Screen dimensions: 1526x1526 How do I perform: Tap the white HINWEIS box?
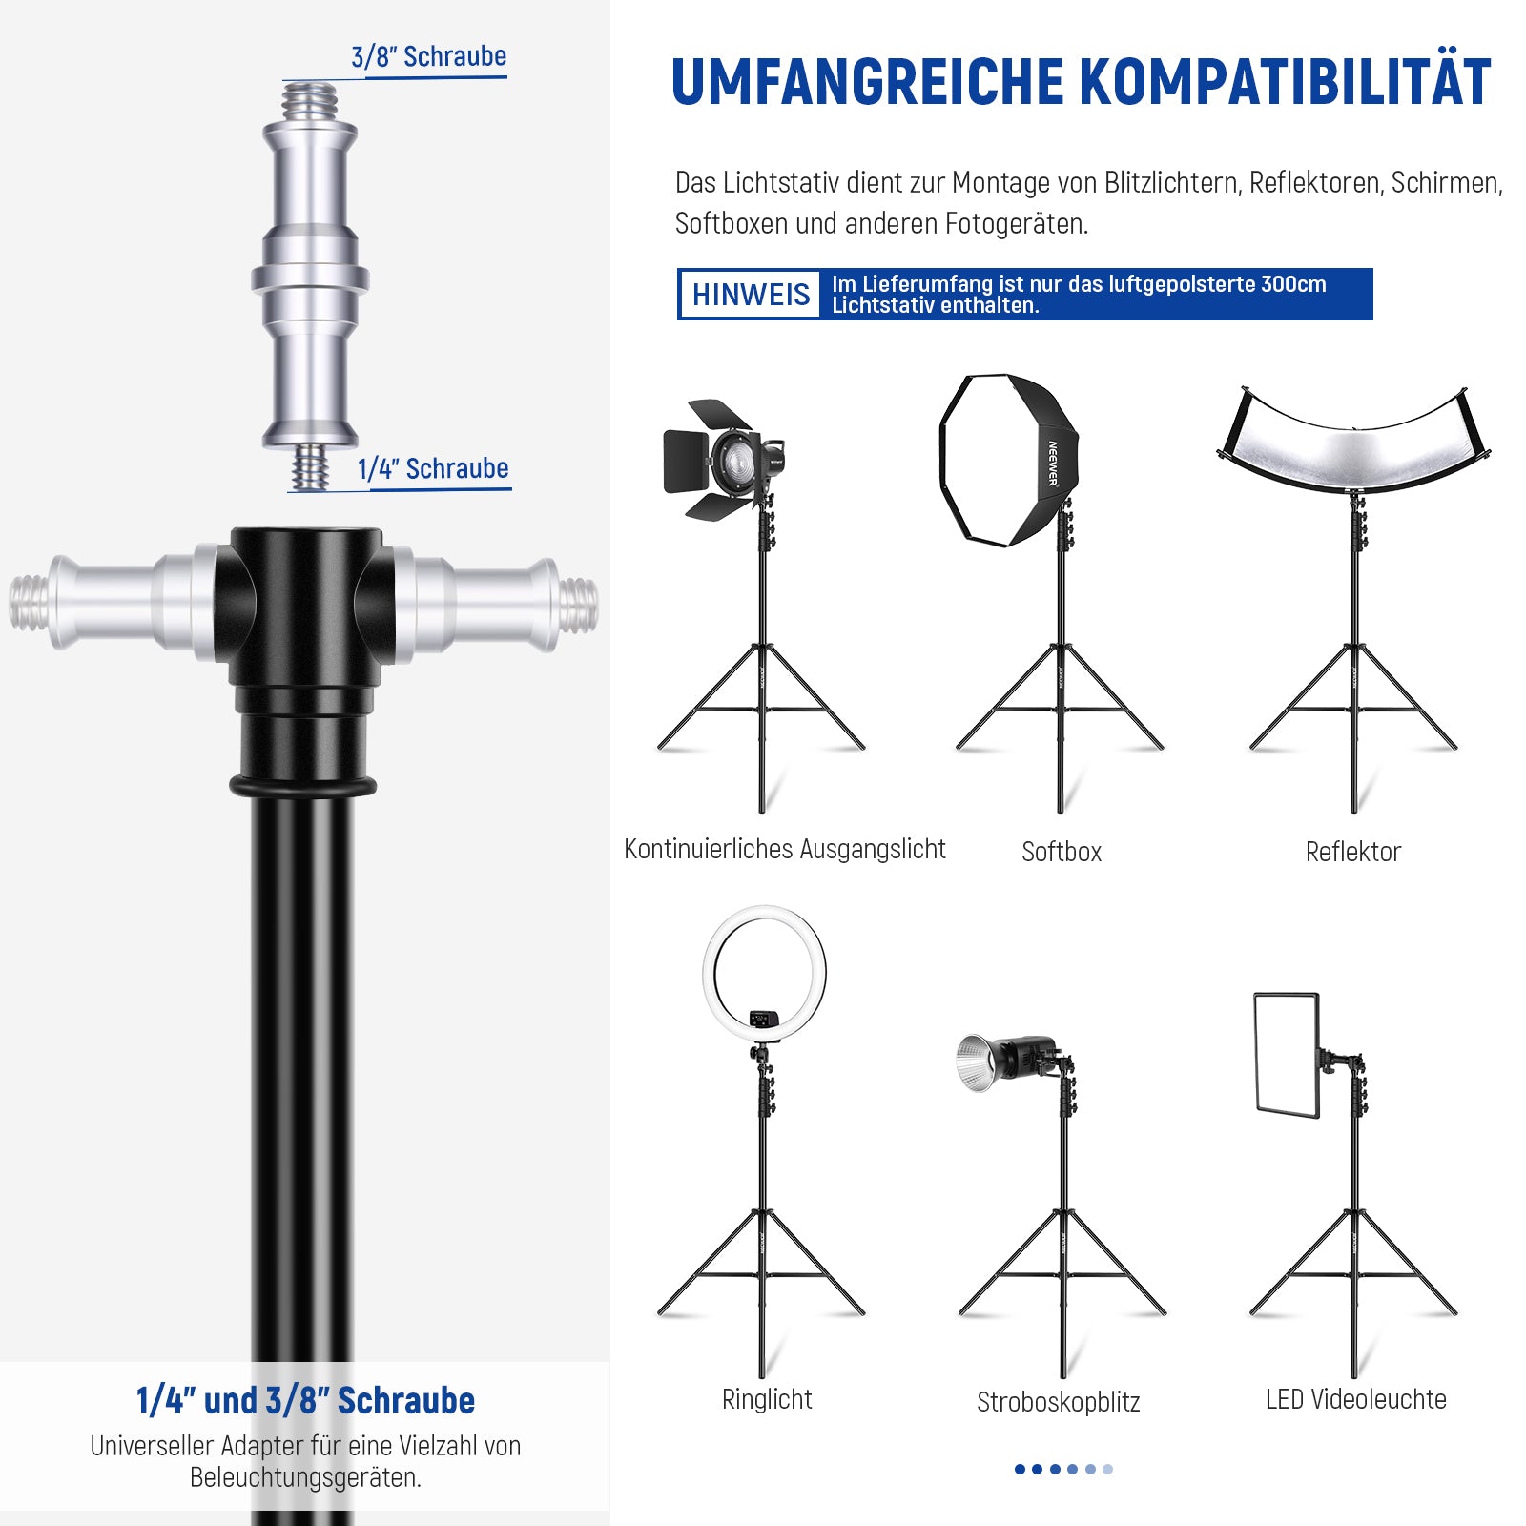(751, 294)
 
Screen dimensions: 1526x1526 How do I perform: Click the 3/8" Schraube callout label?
(428, 56)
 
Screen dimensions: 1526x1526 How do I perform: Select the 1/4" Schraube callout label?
(433, 468)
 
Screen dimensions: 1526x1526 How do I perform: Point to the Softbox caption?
(1062, 852)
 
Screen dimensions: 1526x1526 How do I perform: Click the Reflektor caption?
(1353, 852)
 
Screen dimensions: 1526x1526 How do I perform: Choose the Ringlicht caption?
(767, 1399)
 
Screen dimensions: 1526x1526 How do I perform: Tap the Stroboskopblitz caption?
(1059, 1402)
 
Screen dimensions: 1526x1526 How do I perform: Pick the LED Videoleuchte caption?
(1356, 1399)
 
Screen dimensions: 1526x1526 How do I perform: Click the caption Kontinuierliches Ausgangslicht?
(785, 849)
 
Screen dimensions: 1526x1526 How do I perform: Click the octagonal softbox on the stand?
(1008, 460)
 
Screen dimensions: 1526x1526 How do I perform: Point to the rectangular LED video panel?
(1287, 1055)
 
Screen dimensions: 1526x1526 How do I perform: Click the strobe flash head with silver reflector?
(1006, 1061)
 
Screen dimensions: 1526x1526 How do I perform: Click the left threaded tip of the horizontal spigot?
(29, 603)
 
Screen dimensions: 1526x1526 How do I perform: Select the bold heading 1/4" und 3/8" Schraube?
(305, 1400)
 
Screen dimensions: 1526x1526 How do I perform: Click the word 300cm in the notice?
(1293, 283)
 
